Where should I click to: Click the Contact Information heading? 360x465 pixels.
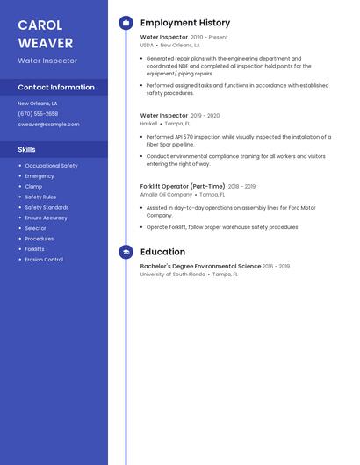point(56,87)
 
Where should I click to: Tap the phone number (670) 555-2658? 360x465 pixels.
point(38,114)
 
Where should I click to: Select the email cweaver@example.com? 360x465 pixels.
point(48,125)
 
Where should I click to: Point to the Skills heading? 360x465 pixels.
point(26,149)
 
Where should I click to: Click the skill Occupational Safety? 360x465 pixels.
point(51,166)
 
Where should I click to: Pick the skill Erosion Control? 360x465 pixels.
point(44,260)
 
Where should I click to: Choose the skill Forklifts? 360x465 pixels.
point(34,249)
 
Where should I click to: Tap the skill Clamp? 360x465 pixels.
point(33,187)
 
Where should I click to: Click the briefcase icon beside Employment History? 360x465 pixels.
point(126,23)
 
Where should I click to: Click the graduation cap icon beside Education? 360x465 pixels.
point(126,252)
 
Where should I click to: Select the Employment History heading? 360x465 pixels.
point(185,23)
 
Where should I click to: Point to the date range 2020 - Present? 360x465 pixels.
point(209,38)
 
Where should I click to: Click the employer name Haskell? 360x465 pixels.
point(148,124)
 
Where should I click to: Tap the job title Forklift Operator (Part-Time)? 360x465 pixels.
point(183,186)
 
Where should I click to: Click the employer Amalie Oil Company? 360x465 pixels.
point(166,195)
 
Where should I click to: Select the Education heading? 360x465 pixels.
point(162,252)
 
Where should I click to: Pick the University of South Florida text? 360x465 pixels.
point(172,275)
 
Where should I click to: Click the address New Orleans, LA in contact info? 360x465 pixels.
point(38,104)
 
